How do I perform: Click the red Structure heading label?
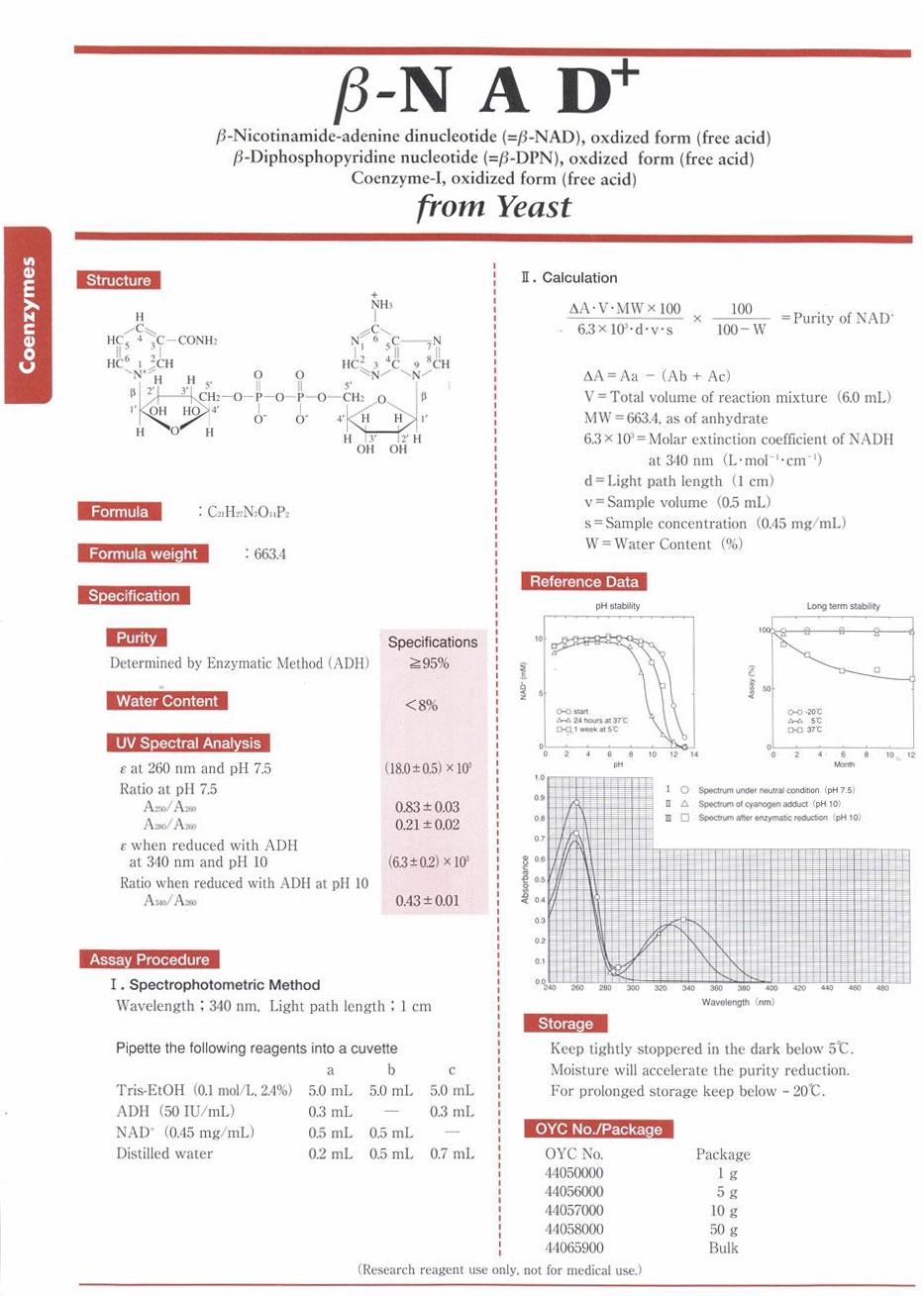click(118, 280)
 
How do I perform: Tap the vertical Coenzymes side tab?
click(27, 315)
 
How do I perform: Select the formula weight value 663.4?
click(269, 554)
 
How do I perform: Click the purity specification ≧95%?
click(429, 663)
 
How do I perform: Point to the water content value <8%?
click(421, 706)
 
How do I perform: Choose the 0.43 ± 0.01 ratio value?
click(427, 901)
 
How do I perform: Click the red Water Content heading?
click(166, 701)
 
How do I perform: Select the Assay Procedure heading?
click(149, 959)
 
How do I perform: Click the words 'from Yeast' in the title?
click(493, 207)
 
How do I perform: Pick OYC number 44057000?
click(573, 1210)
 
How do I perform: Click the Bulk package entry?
click(723, 1247)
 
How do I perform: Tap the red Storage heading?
click(564, 1024)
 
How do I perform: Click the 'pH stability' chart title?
click(617, 606)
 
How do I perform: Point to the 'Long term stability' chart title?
click(843, 606)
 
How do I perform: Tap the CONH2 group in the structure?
click(197, 340)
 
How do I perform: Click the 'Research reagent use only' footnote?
click(499, 1269)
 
